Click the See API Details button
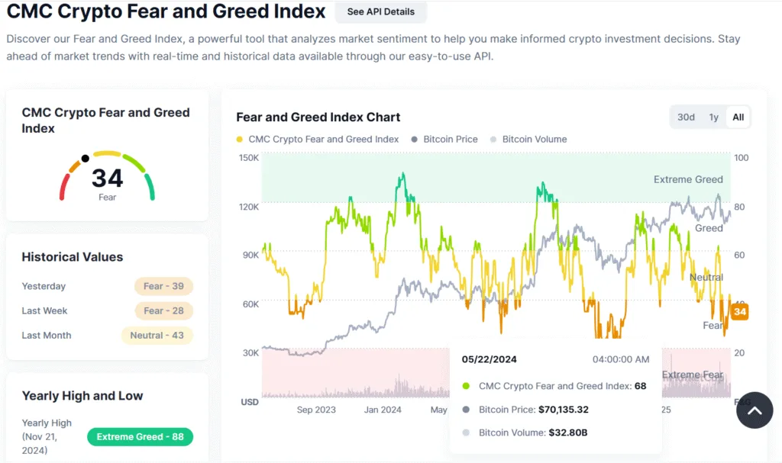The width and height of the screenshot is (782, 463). point(380,12)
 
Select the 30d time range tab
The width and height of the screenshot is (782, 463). point(686,117)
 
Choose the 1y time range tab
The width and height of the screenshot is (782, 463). point(713,117)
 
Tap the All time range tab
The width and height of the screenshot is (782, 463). point(738,117)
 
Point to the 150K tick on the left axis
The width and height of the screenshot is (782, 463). point(249,158)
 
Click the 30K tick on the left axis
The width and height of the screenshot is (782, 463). point(250,352)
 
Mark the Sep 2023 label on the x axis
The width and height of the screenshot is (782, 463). point(315,410)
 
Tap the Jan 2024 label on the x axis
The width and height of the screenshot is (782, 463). point(382,410)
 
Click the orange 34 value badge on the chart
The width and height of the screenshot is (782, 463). point(739,312)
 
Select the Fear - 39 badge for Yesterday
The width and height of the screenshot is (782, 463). point(163,286)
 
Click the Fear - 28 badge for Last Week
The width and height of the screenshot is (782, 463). point(163,310)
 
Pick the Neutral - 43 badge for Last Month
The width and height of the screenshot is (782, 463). point(157,335)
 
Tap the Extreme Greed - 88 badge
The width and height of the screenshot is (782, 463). point(140,437)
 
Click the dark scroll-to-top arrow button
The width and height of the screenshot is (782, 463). point(755,410)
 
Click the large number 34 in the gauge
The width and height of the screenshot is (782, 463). point(107,178)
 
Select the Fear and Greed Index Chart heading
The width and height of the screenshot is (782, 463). point(318,117)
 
